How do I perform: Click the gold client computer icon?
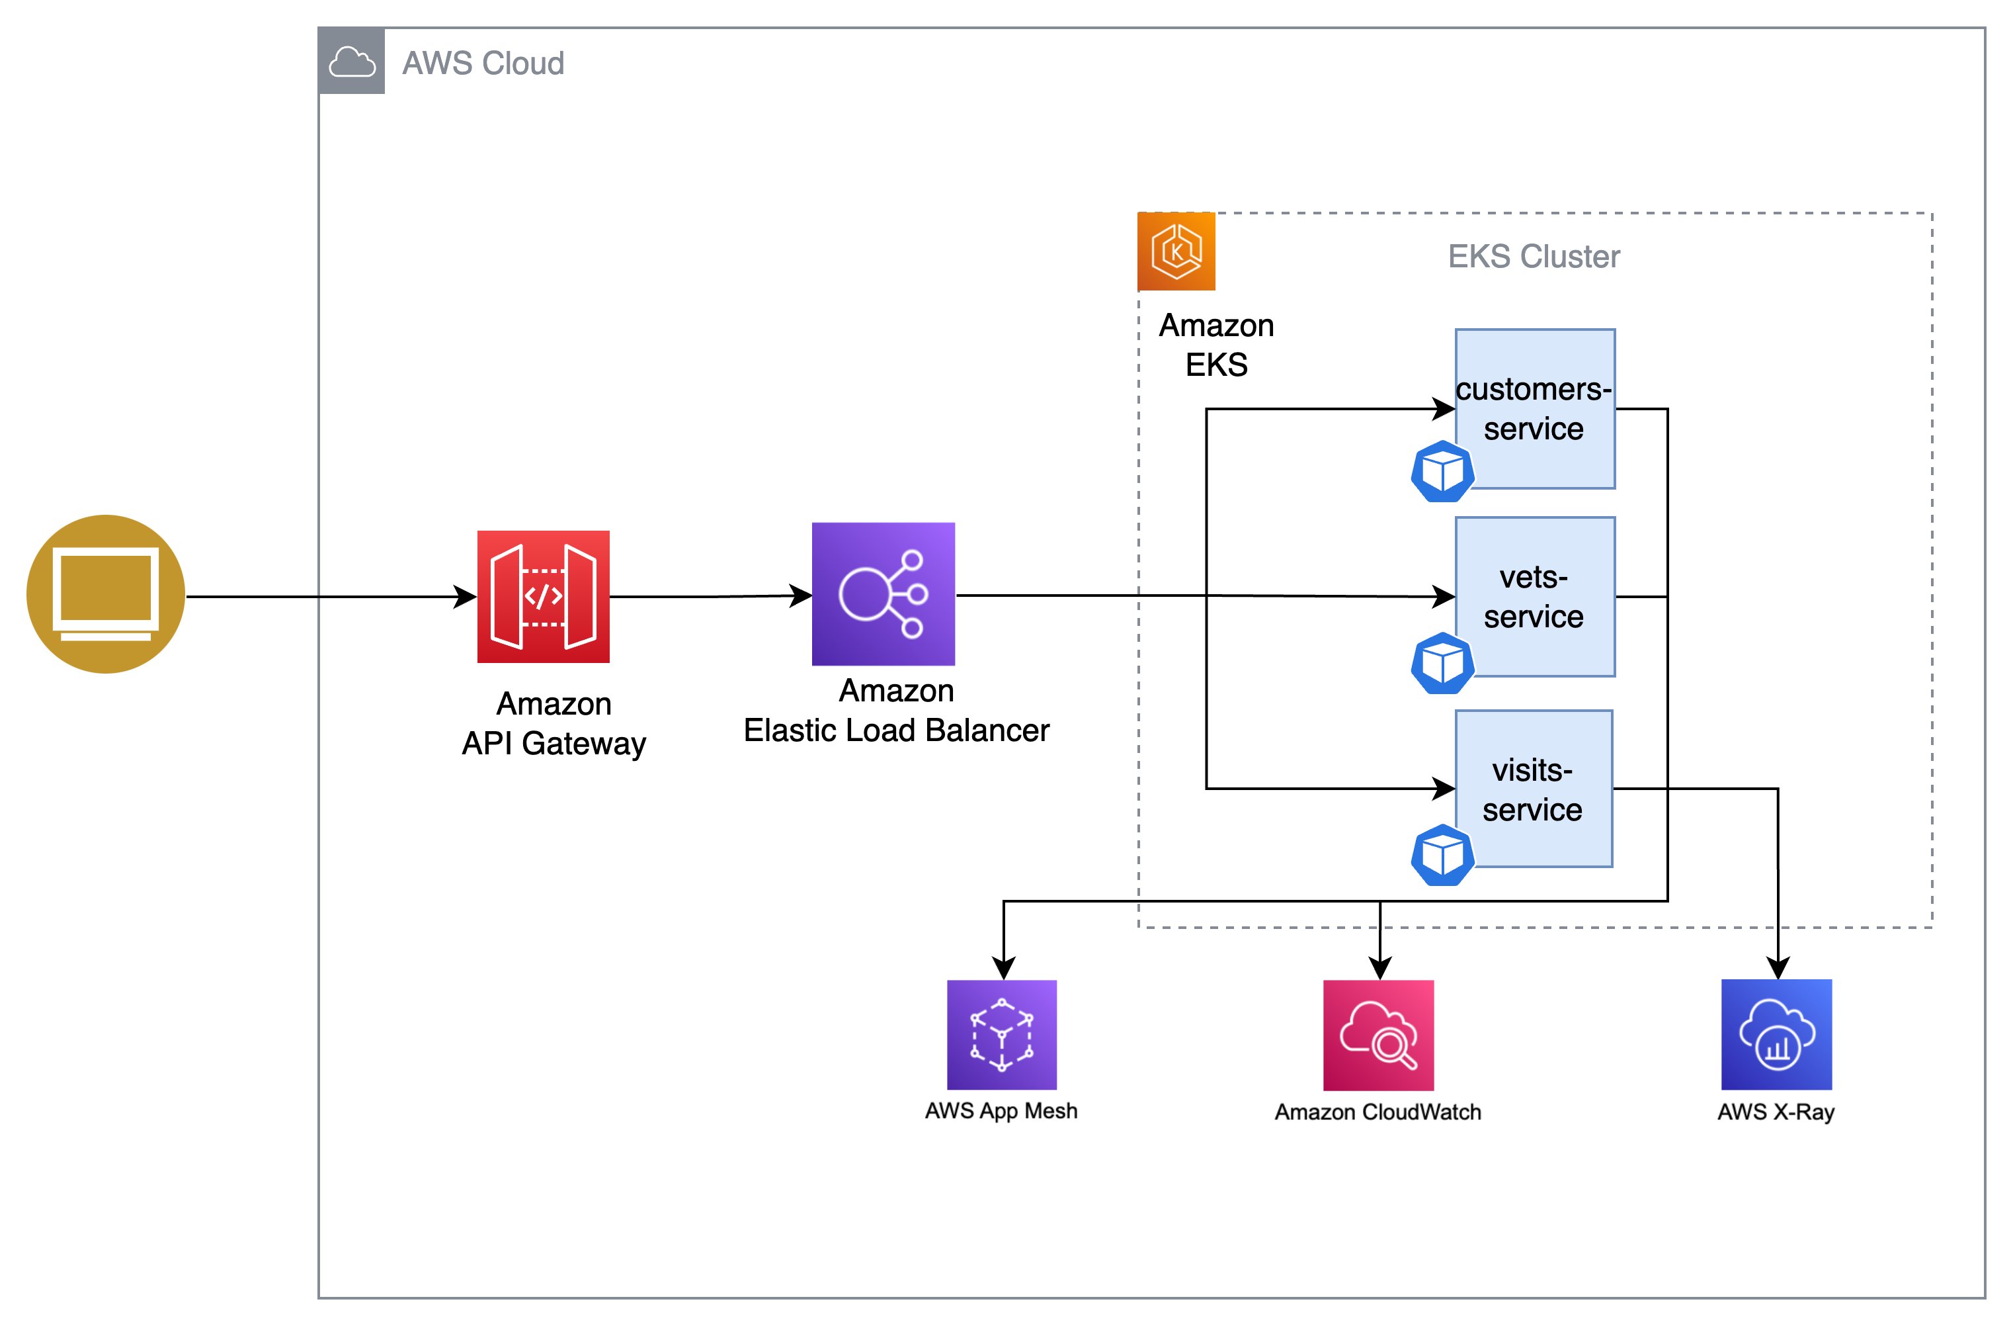point(106,594)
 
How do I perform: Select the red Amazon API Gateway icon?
point(543,597)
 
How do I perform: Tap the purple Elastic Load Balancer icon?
point(883,594)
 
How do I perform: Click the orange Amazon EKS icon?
point(1176,251)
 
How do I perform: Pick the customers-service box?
point(1535,409)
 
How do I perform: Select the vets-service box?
point(1535,597)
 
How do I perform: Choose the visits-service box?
point(1534,789)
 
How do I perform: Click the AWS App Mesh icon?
point(1003,1035)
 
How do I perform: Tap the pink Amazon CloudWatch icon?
point(1379,1035)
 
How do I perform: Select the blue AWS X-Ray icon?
point(1776,1035)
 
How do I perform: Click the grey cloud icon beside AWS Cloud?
point(352,62)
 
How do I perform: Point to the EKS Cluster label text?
point(1534,256)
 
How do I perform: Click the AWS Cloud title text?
point(483,64)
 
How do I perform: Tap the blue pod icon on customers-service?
point(1443,471)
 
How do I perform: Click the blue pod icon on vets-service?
point(1443,664)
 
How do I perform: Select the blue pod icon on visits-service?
point(1443,855)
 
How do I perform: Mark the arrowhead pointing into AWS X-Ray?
point(1778,968)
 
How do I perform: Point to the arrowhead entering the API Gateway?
point(465,597)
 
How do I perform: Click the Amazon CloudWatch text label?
point(1377,1112)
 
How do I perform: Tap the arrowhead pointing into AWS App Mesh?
point(1003,968)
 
